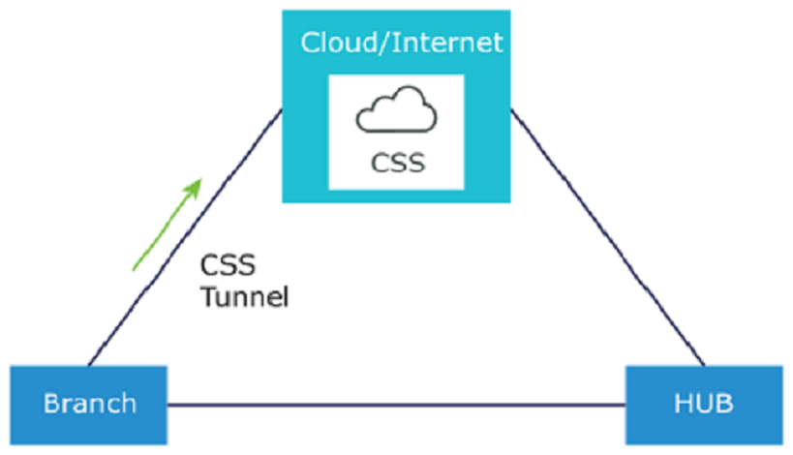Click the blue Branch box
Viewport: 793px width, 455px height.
pyautogui.click(x=88, y=402)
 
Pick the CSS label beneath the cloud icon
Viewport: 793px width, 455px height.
pyautogui.click(x=397, y=161)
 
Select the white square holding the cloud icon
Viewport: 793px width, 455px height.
pyautogui.click(x=397, y=132)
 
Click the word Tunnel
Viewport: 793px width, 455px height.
pyautogui.click(x=244, y=295)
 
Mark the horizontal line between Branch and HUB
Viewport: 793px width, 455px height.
pyautogui.click(x=397, y=404)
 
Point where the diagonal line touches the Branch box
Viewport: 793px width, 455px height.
pyautogui.click(x=89, y=366)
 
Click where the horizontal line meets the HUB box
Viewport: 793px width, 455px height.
pyautogui.click(x=625, y=404)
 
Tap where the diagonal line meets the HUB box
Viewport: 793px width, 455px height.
pyautogui.click(x=705, y=366)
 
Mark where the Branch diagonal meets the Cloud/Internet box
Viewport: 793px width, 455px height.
pyautogui.click(x=282, y=110)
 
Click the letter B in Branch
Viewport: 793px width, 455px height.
pyautogui.click(x=49, y=403)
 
